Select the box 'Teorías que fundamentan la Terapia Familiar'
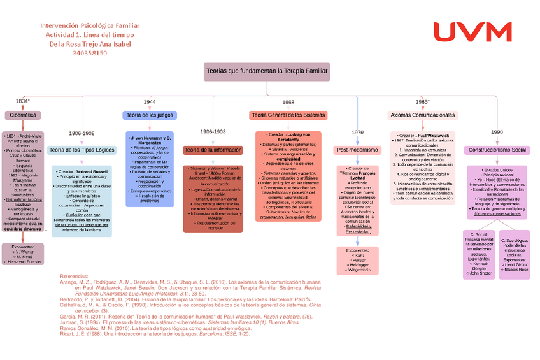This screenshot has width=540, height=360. coord(266,71)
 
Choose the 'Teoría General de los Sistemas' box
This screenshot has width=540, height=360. coord(288,115)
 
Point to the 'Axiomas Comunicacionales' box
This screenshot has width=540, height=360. coord(422,115)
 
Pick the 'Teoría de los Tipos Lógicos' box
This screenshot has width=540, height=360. coord(81,150)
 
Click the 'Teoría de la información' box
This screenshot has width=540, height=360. coord(213,150)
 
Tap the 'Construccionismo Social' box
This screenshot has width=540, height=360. coord(497,150)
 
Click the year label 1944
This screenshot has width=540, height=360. coord(150,102)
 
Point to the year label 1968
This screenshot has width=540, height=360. coord(288,102)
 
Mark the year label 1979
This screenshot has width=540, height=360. coord(357,133)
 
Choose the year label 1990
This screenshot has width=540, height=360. coord(497,133)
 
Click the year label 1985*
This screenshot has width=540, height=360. coord(422,102)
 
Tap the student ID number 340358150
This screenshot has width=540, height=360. coord(90,53)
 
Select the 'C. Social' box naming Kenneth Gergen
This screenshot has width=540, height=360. coord(481,254)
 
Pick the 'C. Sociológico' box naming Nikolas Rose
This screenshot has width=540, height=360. coord(515,254)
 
